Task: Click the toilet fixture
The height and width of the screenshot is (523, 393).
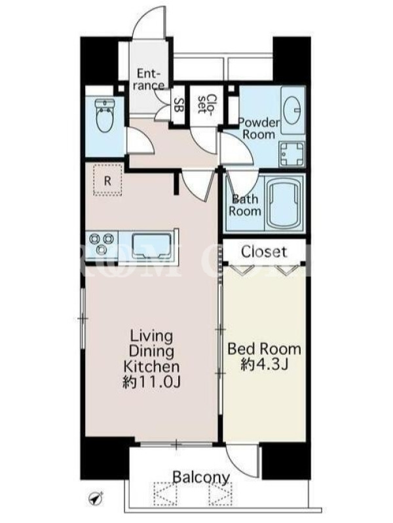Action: point(105,116)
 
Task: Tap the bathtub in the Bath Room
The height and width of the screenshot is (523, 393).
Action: point(283,203)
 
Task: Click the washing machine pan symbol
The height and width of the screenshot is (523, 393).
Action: point(292,154)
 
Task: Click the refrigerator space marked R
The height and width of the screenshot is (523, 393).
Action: point(107,180)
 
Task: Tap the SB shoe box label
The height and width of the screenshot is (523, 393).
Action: point(179,105)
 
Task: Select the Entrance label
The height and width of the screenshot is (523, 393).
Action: point(149,79)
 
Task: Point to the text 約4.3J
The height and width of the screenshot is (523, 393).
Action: point(264,365)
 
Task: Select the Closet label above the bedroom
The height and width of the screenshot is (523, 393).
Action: point(264,252)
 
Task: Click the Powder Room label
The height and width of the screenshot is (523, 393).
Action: point(259,128)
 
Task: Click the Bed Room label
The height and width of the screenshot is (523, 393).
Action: point(264,349)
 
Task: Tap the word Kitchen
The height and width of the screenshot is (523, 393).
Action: point(152,367)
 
